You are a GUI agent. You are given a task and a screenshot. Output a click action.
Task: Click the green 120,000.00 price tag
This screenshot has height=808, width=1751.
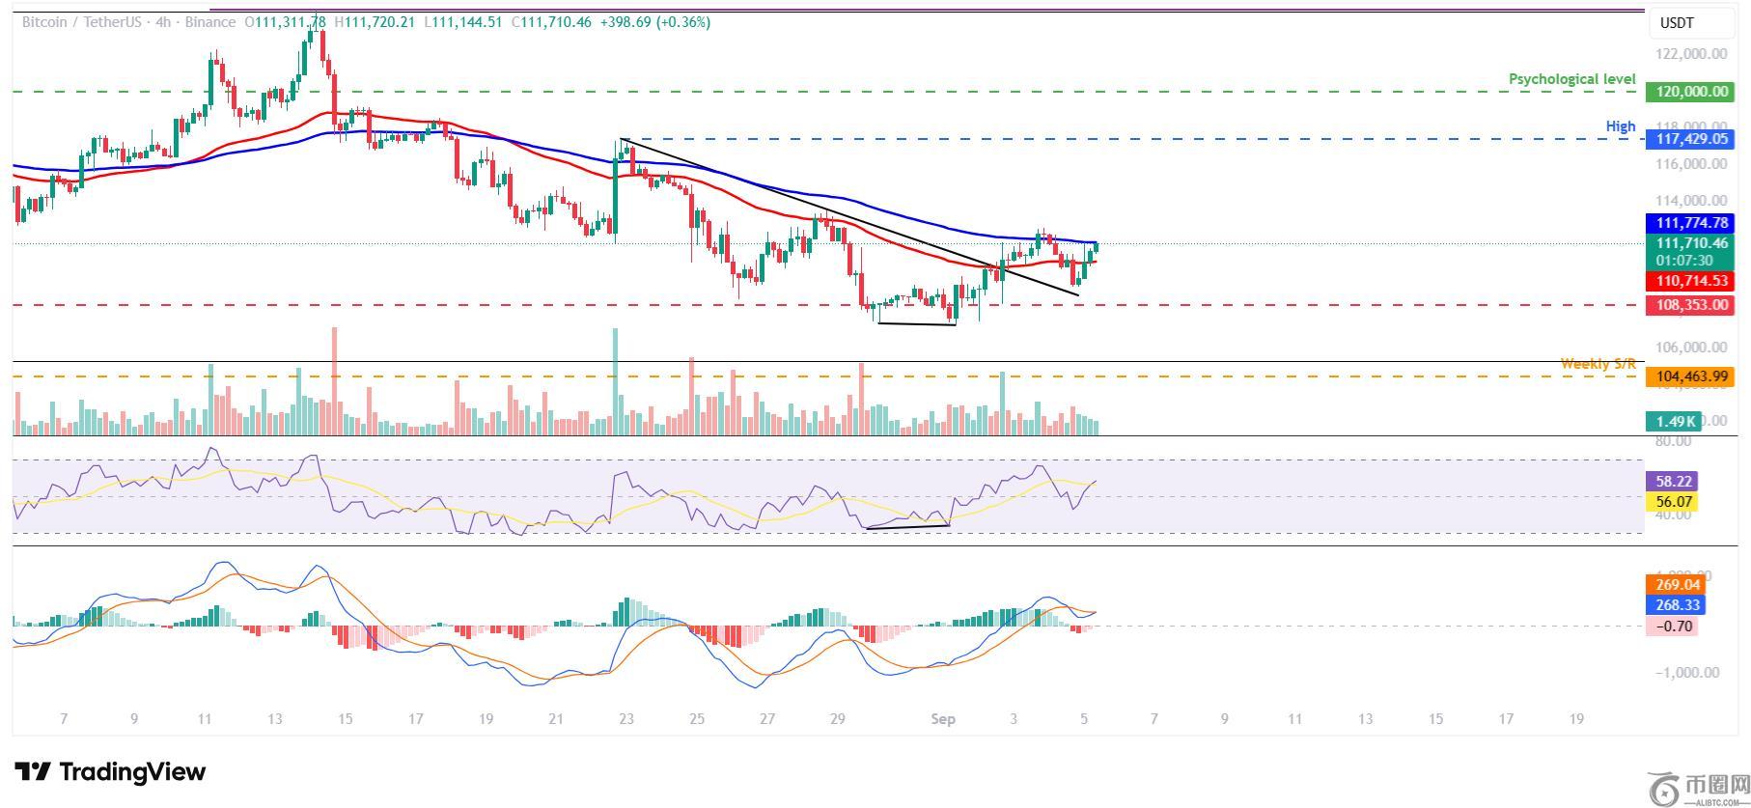click(1691, 92)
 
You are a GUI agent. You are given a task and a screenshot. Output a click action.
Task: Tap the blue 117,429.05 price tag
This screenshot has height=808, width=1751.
click(1691, 139)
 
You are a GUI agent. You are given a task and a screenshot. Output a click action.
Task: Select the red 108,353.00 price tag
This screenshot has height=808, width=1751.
click(1691, 305)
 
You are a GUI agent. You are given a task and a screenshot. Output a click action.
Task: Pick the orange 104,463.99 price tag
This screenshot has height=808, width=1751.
click(1691, 376)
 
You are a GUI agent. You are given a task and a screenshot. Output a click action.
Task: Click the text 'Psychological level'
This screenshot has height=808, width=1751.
click(1571, 79)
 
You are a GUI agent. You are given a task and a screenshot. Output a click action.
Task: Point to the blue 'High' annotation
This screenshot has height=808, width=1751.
click(1621, 126)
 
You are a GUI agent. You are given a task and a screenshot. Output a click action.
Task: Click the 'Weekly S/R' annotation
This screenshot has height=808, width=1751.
click(1598, 364)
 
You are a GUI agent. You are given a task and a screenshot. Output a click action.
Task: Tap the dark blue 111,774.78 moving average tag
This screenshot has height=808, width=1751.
click(1691, 223)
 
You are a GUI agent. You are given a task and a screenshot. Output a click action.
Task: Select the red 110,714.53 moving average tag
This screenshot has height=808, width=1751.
click(1691, 281)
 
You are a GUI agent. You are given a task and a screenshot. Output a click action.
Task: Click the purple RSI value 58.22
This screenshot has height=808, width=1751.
click(1673, 481)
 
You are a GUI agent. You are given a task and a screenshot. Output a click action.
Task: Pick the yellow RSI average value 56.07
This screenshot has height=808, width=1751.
click(1673, 502)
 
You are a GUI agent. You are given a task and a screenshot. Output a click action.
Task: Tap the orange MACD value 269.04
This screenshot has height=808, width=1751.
click(1677, 585)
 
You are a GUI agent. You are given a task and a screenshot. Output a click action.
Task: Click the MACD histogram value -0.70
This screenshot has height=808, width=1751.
click(1674, 627)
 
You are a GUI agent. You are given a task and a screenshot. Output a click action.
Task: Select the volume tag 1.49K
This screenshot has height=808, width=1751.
click(1670, 421)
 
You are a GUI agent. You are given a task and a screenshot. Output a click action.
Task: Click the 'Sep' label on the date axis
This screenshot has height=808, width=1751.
click(942, 719)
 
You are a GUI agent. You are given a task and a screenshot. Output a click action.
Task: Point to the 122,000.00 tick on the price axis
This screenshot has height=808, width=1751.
click(1691, 54)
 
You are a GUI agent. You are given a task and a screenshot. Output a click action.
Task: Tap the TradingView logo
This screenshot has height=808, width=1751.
click(110, 772)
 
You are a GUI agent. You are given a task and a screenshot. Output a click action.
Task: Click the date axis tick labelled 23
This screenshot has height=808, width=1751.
click(626, 719)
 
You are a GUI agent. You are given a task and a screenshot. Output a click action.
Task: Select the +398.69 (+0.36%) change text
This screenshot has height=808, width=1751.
click(654, 21)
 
